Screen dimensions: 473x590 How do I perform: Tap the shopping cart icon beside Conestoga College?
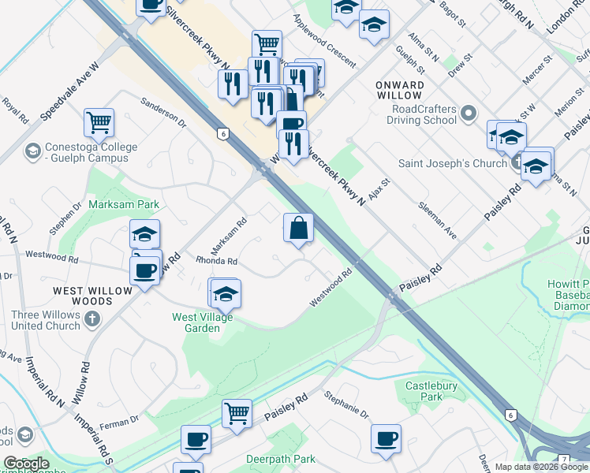pyautogui.click(x=99, y=122)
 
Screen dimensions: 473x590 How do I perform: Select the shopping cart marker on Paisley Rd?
pyautogui.click(x=237, y=413)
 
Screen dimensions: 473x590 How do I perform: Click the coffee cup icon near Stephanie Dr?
pyautogui.click(x=386, y=438)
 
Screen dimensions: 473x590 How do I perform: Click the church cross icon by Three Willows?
pyautogui.click(x=92, y=319)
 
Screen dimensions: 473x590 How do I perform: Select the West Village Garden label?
pyautogui.click(x=196, y=322)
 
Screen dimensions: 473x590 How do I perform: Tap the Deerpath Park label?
pyautogui.click(x=280, y=459)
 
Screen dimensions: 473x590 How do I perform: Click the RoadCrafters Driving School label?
pyautogui.click(x=421, y=114)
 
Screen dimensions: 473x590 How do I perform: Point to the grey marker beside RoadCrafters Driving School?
pyautogui.click(x=469, y=114)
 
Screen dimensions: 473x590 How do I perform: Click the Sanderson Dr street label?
pyautogui.click(x=163, y=113)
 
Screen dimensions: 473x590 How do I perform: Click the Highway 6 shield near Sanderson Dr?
pyautogui.click(x=224, y=135)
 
